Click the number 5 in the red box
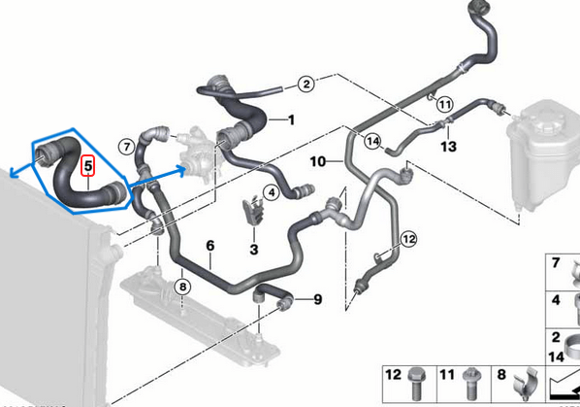tap(88, 166)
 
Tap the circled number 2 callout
tap(306, 85)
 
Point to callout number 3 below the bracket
tap(255, 250)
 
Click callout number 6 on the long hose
tap(209, 247)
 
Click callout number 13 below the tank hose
tap(447, 146)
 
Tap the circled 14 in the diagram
tap(372, 142)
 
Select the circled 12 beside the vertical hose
tap(408, 238)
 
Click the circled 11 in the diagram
tap(445, 104)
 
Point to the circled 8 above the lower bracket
tap(180, 286)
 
